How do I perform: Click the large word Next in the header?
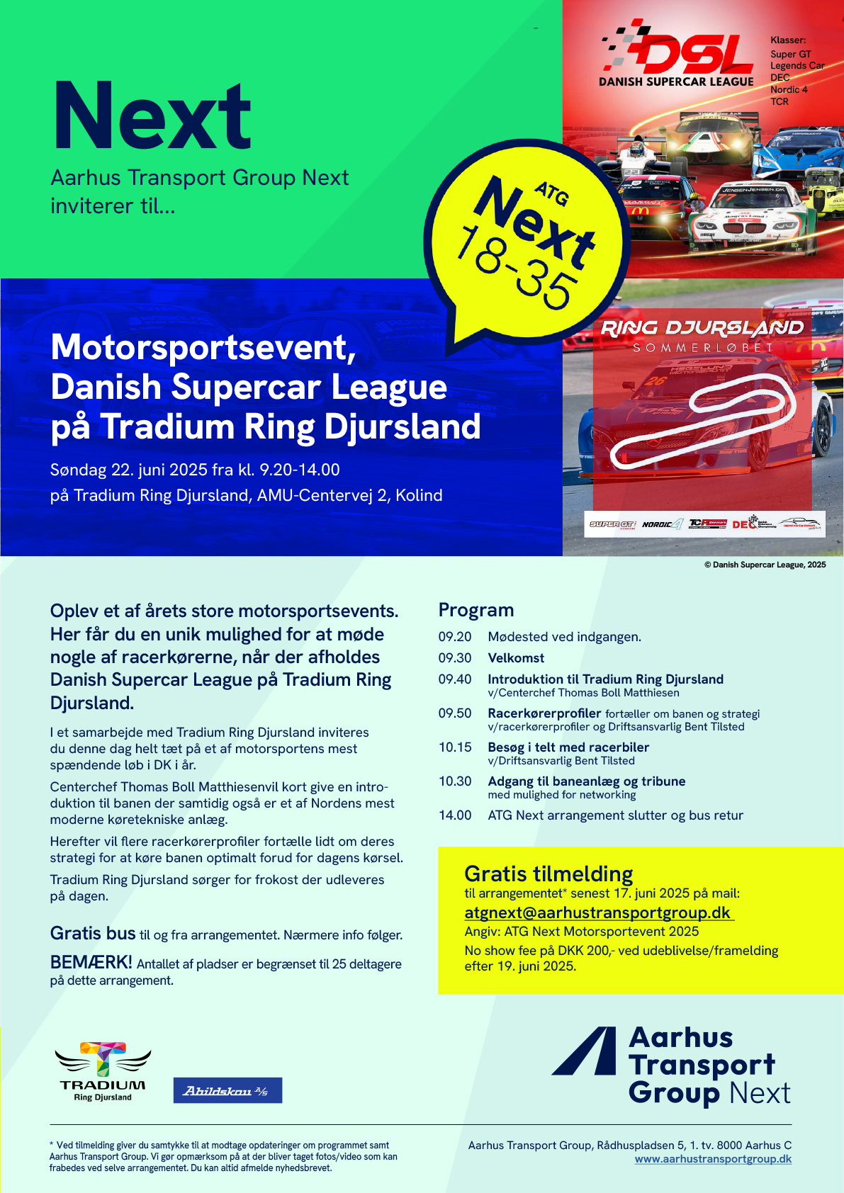pyautogui.click(x=152, y=116)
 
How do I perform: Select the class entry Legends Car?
pyautogui.click(x=797, y=66)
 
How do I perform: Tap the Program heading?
pyautogui.click(x=476, y=610)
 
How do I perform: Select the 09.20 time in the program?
pyautogui.click(x=455, y=637)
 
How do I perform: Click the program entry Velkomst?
pyautogui.click(x=516, y=658)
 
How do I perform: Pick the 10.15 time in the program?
pyautogui.click(x=455, y=747)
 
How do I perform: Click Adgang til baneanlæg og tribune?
pyautogui.click(x=586, y=781)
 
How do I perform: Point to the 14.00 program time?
pyautogui.click(x=455, y=815)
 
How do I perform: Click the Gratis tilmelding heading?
pyautogui.click(x=548, y=873)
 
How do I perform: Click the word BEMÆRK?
pyautogui.click(x=91, y=963)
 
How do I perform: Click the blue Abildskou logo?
pyautogui.click(x=227, y=1090)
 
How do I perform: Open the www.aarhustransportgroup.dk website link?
pyautogui.click(x=713, y=1160)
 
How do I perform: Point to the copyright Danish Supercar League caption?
pyautogui.click(x=765, y=565)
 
